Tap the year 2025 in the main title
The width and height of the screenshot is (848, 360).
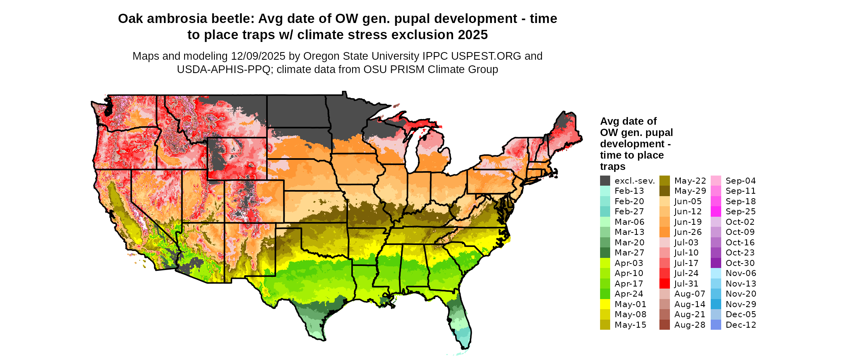click(472, 35)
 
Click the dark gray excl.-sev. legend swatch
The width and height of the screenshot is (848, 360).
click(605, 181)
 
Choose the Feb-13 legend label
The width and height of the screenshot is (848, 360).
click(629, 191)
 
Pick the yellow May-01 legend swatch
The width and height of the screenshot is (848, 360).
click(605, 304)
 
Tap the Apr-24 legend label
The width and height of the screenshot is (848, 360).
click(629, 294)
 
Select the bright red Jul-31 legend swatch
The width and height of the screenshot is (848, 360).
click(664, 284)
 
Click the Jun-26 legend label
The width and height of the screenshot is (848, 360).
click(688, 232)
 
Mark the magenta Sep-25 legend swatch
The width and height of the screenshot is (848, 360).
click(716, 211)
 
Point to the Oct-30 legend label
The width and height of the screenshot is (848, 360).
click(740, 263)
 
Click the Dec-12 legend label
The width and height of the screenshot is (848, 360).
click(741, 325)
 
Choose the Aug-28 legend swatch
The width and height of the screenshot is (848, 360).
click(664, 325)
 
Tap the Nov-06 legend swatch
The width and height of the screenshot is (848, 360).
click(716, 273)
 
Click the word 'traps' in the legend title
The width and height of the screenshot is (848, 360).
click(613, 167)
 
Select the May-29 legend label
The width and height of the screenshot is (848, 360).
click(690, 191)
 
